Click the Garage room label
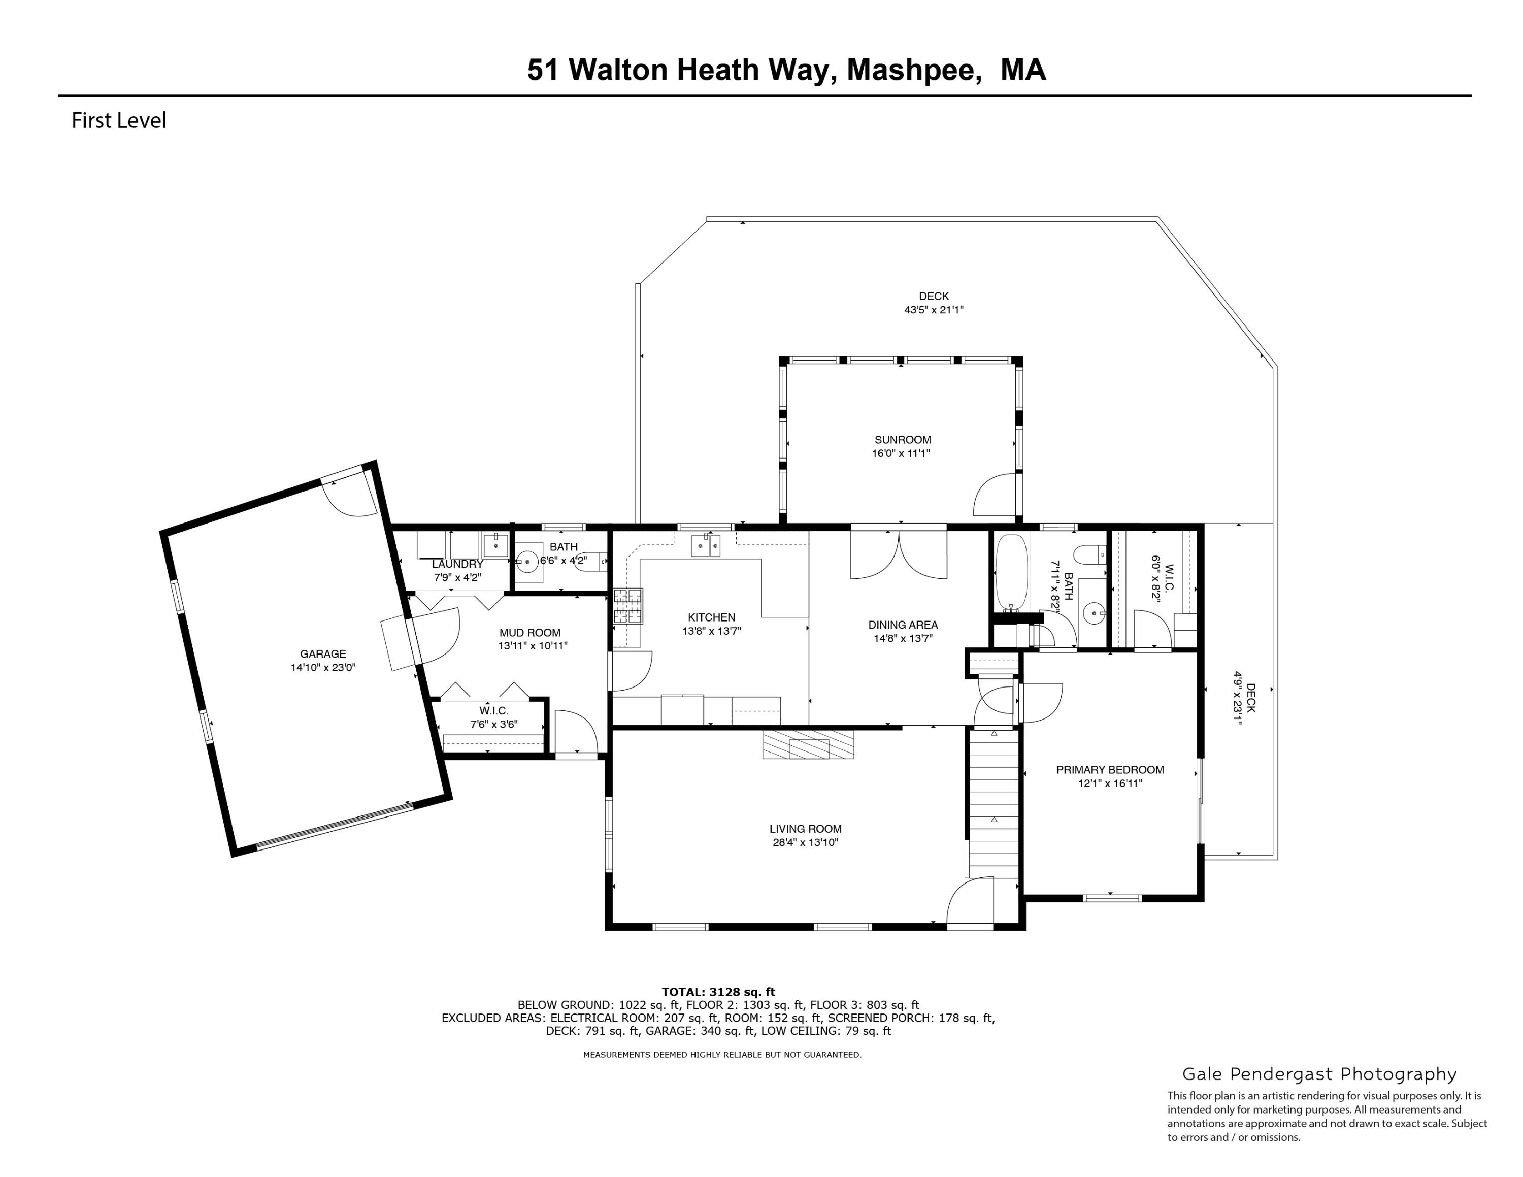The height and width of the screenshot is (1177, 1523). pos(323,654)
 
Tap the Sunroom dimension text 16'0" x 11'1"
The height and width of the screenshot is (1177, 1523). pos(902,453)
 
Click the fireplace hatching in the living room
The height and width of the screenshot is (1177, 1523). pos(808,744)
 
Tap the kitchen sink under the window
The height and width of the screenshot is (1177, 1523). pos(706,545)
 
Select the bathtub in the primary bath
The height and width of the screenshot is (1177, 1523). pos(1010,572)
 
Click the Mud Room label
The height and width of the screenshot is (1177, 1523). pos(529,633)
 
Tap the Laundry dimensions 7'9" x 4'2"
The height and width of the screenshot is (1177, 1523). pos(457,577)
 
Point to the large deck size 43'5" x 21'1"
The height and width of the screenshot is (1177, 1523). pos(934,310)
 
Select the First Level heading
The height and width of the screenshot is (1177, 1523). pos(119,121)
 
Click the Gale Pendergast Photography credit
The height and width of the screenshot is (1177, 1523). pos(1319,1074)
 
